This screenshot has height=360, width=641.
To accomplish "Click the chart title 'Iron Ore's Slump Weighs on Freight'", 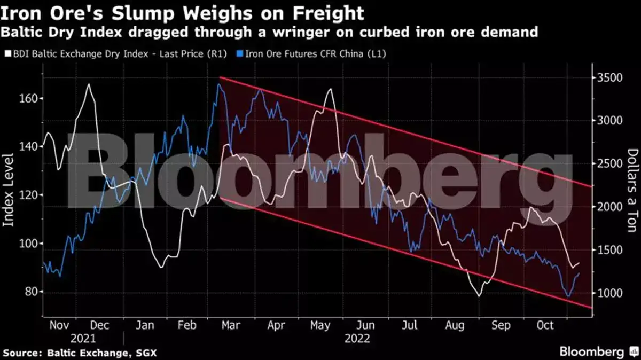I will click(182, 12).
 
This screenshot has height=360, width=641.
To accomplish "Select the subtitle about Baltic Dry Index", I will click(269, 33).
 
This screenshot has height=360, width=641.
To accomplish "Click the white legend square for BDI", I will click(6, 54).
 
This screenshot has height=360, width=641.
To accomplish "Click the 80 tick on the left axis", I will click(31, 292).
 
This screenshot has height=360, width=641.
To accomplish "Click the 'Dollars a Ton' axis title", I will click(632, 190).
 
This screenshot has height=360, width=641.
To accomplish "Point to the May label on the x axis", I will click(320, 326).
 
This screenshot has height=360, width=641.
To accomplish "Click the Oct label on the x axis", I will click(545, 326).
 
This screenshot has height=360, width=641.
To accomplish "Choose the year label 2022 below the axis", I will click(357, 339).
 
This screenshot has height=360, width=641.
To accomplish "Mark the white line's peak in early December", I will click(88, 84).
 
